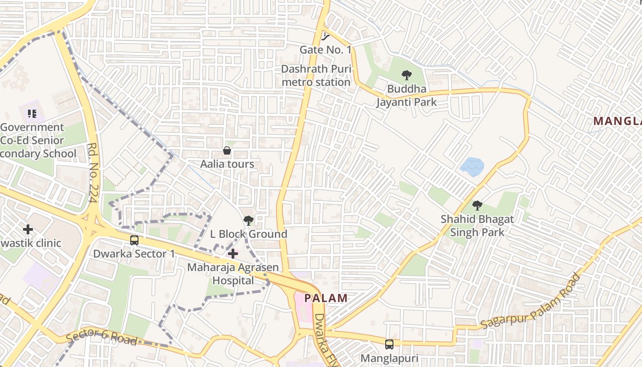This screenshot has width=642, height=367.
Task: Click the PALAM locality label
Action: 326,298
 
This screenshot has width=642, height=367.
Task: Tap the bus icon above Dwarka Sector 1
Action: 134,240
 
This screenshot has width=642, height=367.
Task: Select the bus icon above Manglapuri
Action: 389,344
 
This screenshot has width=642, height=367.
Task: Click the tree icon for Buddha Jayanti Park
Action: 406,75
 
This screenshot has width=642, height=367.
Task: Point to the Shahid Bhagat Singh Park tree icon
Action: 477,206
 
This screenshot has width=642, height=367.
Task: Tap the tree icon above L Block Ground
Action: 248,221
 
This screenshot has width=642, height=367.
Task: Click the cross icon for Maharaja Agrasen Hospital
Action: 233,254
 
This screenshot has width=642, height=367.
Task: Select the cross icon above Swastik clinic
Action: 28,229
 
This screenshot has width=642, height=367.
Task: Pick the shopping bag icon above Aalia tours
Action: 227,150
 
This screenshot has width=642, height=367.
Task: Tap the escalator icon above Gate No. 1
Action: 326,36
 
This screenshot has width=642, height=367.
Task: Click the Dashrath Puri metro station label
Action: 316,76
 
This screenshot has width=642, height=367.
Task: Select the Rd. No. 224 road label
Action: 94,174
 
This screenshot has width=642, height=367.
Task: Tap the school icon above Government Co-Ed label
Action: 32,113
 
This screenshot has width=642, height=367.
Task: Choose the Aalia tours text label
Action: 227,164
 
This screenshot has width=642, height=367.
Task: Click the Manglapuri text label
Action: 389,358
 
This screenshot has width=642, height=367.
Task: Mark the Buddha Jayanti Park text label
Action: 406,95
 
